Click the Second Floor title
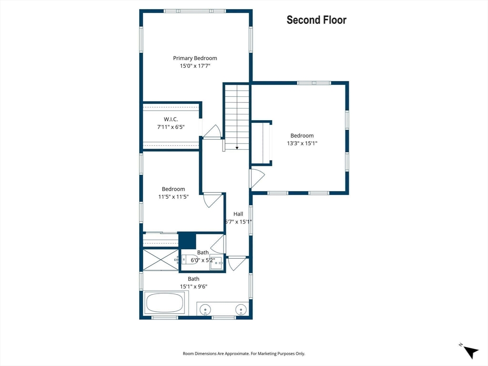[316, 20]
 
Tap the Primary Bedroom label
[195, 58]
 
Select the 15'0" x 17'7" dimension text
[195, 66]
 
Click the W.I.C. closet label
[171, 119]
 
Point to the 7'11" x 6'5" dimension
[171, 127]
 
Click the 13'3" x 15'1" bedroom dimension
[302, 143]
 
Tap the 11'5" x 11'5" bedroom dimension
[173, 197]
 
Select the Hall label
[238, 214]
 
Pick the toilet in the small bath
[190, 259]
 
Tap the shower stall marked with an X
[161, 260]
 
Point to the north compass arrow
[471, 352]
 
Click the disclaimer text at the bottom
[244, 354]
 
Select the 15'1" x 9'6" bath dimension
[193, 286]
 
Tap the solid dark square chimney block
[187, 241]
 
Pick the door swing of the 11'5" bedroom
[213, 201]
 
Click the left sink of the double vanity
[205, 310]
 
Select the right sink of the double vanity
[241, 310]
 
